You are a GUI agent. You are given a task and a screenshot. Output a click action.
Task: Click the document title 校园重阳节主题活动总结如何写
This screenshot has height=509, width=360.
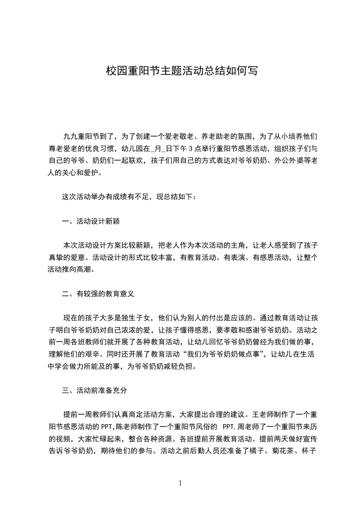point(182,71)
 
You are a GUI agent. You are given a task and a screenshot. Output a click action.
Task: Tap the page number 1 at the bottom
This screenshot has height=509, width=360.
point(180,483)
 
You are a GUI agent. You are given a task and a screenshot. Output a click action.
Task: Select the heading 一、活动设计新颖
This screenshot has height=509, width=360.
point(91,221)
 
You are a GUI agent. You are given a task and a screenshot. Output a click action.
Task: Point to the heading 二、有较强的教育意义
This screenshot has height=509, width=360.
point(98,294)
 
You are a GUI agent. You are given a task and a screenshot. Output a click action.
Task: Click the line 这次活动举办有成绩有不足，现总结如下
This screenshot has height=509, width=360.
point(128,197)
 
